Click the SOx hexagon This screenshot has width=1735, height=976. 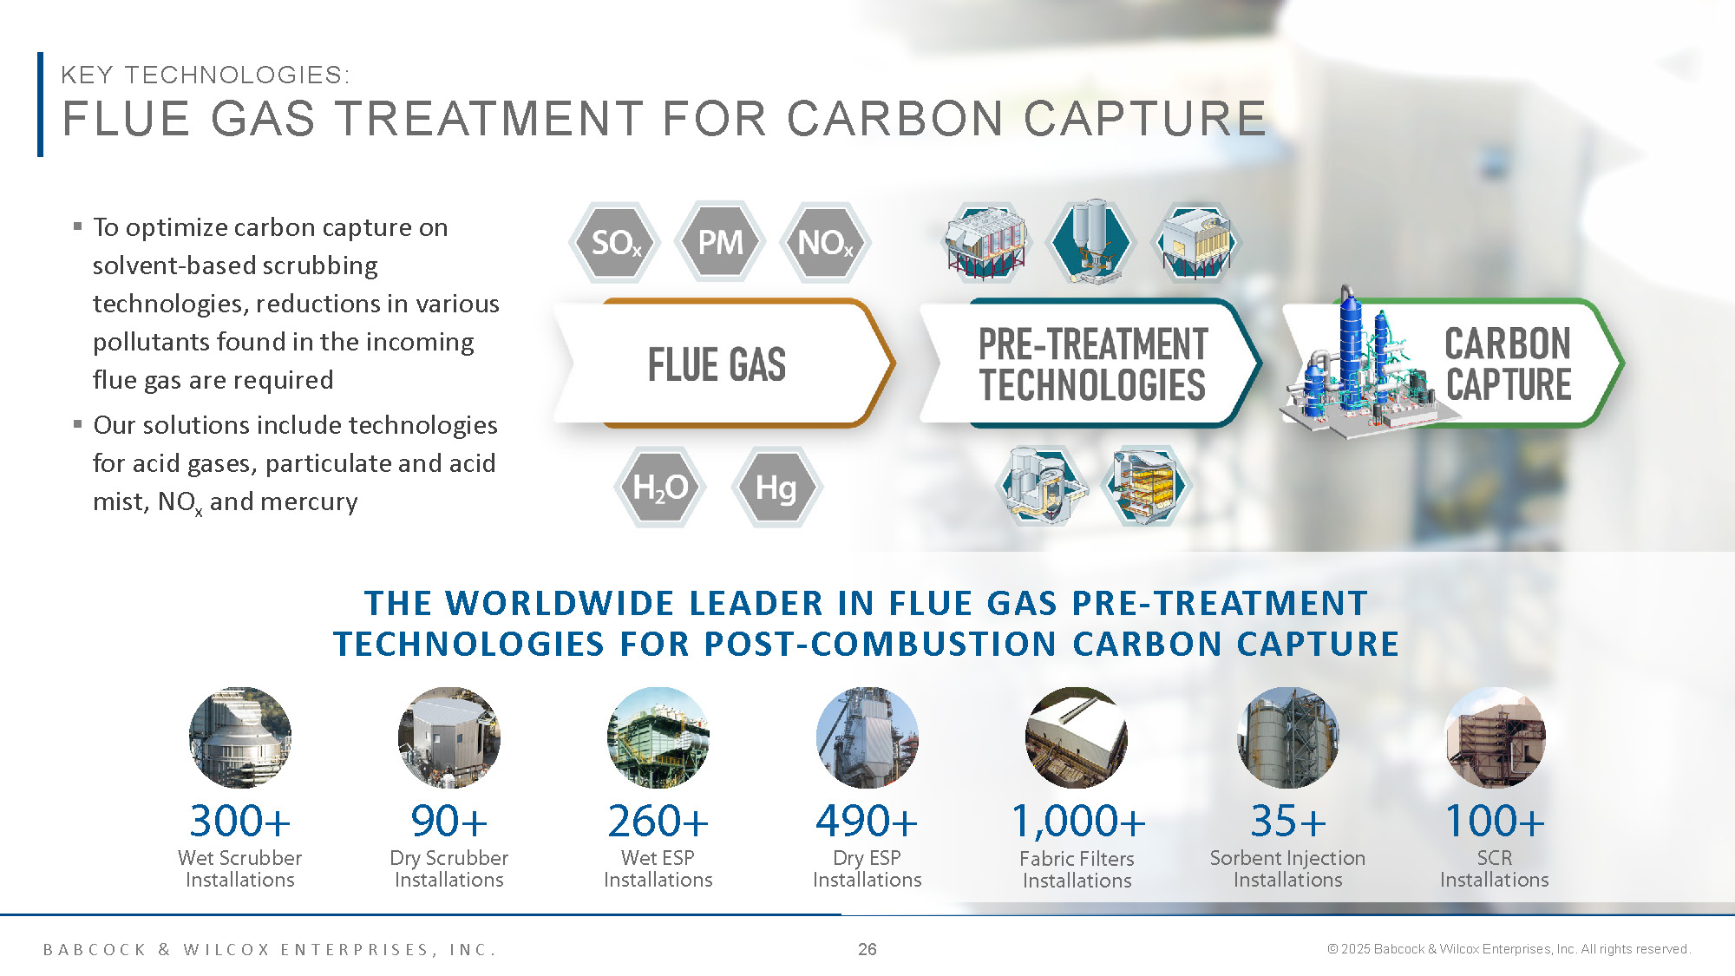pyautogui.click(x=615, y=243)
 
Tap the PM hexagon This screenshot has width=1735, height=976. pyautogui.click(x=720, y=242)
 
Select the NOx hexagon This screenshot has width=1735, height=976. pyautogui.click(x=826, y=243)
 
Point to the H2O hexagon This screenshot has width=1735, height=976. pyautogui.click(x=660, y=488)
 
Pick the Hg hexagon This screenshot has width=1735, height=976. pyautogui.click(x=776, y=488)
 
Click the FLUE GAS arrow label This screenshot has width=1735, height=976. pyautogui.click(x=717, y=364)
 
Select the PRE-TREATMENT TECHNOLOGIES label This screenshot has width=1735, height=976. pyautogui.click(x=1093, y=364)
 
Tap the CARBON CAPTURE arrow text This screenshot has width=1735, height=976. pyautogui.click(x=1508, y=364)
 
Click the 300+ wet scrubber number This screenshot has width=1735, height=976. pyautogui.click(x=240, y=821)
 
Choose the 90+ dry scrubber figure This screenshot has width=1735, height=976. pyautogui.click(x=449, y=821)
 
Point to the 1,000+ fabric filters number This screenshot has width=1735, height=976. pyautogui.click(x=1078, y=822)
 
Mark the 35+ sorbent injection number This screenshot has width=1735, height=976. pyautogui.click(x=1288, y=821)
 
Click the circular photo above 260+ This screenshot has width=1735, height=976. pyautogui.click(x=658, y=737)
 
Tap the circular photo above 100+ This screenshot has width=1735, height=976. pyautogui.click(x=1495, y=737)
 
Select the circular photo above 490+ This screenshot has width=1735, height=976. pyautogui.click(x=867, y=737)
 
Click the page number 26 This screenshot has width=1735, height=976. pyautogui.click(x=867, y=949)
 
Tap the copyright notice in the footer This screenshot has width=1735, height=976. pyautogui.click(x=1509, y=949)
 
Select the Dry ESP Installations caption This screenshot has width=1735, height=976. pyautogui.click(x=867, y=868)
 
